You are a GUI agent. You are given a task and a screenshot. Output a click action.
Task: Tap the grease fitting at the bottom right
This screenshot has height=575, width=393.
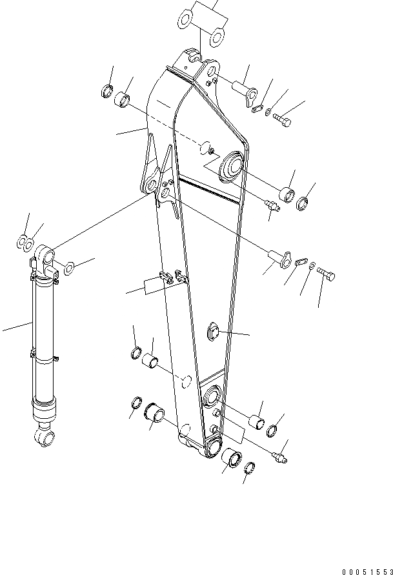280,457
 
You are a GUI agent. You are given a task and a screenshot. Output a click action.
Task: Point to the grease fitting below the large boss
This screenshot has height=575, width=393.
272,206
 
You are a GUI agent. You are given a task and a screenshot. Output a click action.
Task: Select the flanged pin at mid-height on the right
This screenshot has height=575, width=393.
278,256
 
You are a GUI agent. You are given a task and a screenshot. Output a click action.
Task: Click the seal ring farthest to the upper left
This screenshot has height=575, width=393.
106,91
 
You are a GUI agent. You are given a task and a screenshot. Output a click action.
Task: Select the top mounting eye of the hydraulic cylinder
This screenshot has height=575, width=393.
45,256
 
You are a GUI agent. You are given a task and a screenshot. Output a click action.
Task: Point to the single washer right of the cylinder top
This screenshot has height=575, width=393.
70,265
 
